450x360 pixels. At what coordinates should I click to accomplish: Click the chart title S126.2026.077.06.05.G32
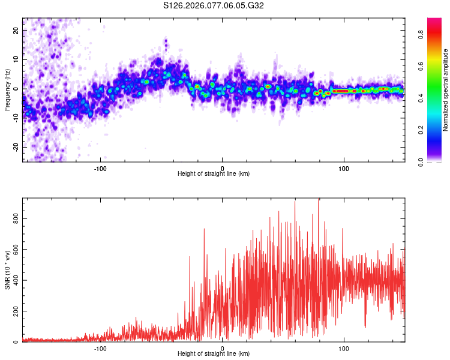pos(214,6)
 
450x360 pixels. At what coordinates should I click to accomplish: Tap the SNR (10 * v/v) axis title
pos(7,270)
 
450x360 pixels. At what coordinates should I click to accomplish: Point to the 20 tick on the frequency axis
pos(16,30)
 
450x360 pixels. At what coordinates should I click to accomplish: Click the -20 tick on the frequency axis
pos(16,147)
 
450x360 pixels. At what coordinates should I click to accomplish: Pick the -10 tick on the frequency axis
pos(16,118)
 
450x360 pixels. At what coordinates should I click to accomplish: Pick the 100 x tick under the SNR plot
pos(344,349)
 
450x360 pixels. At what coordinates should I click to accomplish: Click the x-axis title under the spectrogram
pos(214,174)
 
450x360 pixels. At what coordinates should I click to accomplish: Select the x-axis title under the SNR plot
pos(214,354)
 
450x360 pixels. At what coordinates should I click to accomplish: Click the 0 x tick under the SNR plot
pos(223,349)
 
